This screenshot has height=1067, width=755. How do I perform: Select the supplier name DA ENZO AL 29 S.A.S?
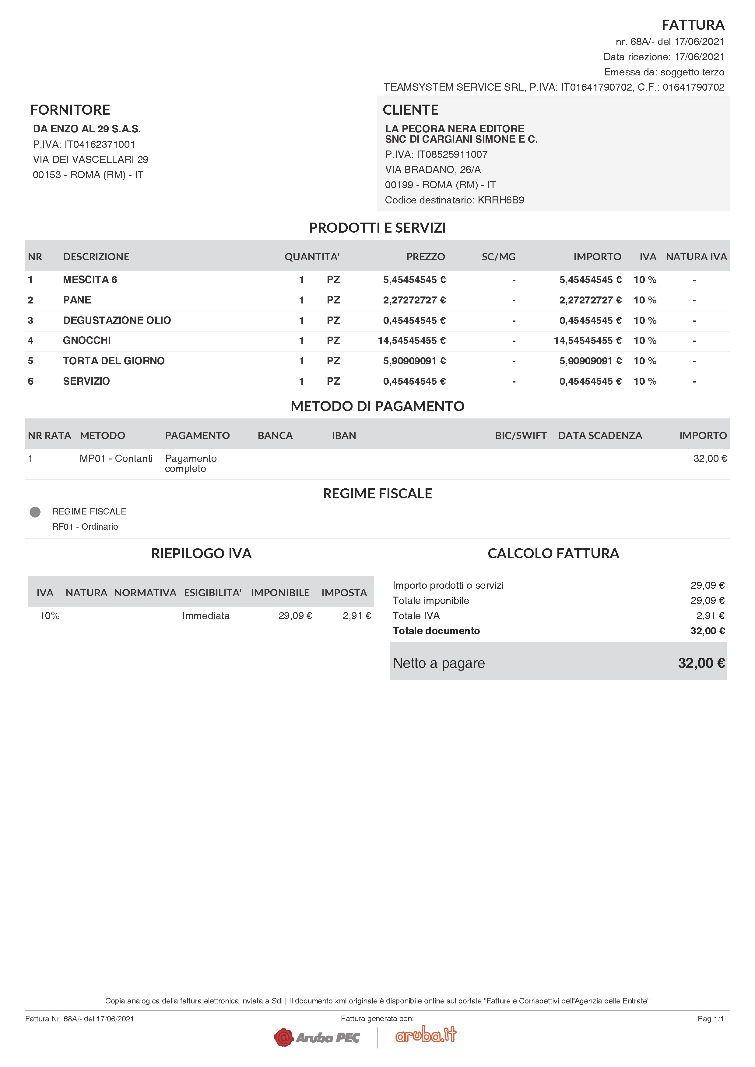[87, 129]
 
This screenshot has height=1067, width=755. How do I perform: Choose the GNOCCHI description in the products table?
[87, 341]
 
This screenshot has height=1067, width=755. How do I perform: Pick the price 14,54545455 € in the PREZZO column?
[412, 341]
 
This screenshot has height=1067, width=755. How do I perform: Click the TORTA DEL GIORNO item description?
[114, 361]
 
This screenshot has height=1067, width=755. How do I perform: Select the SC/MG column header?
[498, 257]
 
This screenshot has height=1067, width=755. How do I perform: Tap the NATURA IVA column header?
[696, 257]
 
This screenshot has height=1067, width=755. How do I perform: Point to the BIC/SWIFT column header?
[521, 435]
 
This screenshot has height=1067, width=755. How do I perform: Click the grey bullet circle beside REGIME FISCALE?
[35, 512]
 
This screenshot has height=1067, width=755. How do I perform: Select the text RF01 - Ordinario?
[85, 527]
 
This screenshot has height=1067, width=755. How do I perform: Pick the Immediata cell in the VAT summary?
[205, 616]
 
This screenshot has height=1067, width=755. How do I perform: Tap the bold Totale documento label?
[436, 631]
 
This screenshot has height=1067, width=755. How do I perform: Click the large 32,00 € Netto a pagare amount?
[701, 663]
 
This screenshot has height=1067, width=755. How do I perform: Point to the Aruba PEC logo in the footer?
[317, 1037]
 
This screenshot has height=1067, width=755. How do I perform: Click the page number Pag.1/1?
[710, 1019]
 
